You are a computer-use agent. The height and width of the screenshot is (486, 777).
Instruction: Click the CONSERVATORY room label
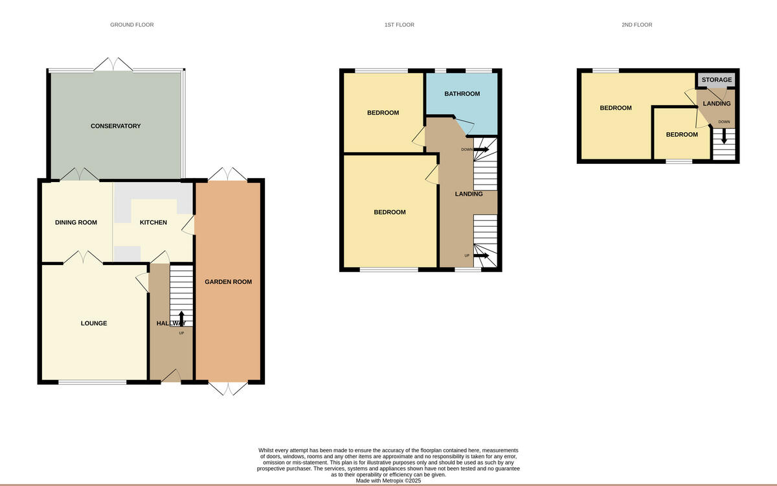115,126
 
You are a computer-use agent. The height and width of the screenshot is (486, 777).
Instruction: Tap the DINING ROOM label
76,222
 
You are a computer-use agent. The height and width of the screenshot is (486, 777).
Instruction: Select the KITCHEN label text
153,222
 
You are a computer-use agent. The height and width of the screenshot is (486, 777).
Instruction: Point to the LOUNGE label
94,323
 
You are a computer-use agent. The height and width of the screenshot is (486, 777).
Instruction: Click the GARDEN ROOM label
228,282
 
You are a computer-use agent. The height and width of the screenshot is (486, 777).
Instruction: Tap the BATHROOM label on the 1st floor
462,94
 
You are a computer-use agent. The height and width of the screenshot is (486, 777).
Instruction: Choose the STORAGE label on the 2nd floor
717,80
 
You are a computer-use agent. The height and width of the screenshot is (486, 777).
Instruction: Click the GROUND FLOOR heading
132,25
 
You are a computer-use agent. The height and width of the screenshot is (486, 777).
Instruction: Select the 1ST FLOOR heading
399,25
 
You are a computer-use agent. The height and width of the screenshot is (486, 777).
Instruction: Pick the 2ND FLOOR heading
636,25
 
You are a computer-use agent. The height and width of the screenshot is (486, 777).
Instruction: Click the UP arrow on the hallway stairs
181,318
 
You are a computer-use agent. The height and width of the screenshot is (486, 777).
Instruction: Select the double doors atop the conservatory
114,64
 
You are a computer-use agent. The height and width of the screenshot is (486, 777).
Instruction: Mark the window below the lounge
93,382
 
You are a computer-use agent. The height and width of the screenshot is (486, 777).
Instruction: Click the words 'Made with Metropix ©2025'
388,481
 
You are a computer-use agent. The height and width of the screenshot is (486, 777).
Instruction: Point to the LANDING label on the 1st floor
469,194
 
